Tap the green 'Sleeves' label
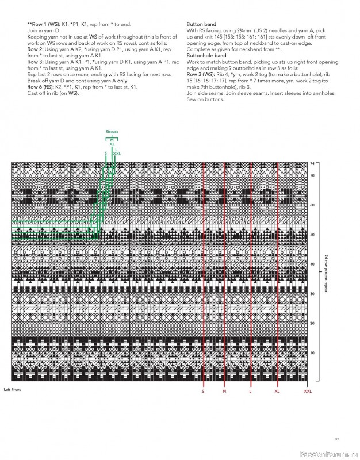coord(112,132)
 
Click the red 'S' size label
coord(202,391)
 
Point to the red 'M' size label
coord(224,391)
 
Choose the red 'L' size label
coord(250,391)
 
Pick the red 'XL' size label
coord(277,391)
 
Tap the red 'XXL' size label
coord(308,391)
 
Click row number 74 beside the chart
coord(312,164)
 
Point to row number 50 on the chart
coord(312,235)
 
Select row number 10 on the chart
coord(312,352)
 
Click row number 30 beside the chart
coord(312,294)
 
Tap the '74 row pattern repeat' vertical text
coord(325,273)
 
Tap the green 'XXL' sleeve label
coord(118,154)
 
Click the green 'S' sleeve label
coord(105,153)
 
